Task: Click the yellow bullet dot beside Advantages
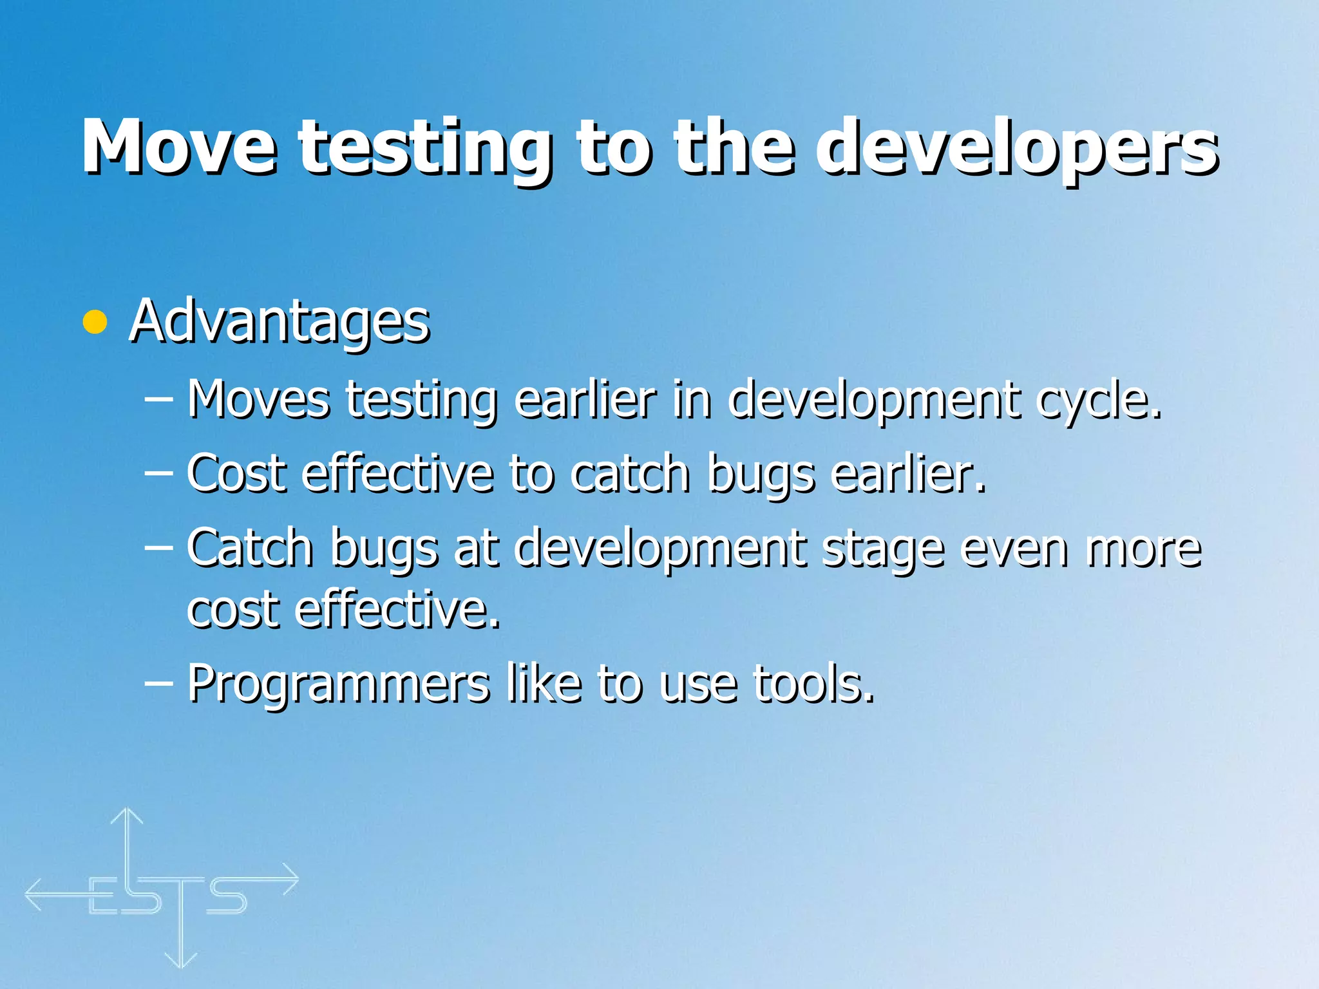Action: pyautogui.click(x=95, y=322)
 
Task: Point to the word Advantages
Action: pyautogui.click(x=280, y=322)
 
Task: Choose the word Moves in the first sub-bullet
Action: pyautogui.click(x=259, y=400)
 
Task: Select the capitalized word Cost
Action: pyautogui.click(x=236, y=474)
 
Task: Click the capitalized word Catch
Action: pyautogui.click(x=250, y=548)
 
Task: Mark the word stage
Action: pyautogui.click(x=883, y=549)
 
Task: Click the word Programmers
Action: pyautogui.click(x=339, y=684)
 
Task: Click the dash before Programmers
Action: pyautogui.click(x=158, y=683)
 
